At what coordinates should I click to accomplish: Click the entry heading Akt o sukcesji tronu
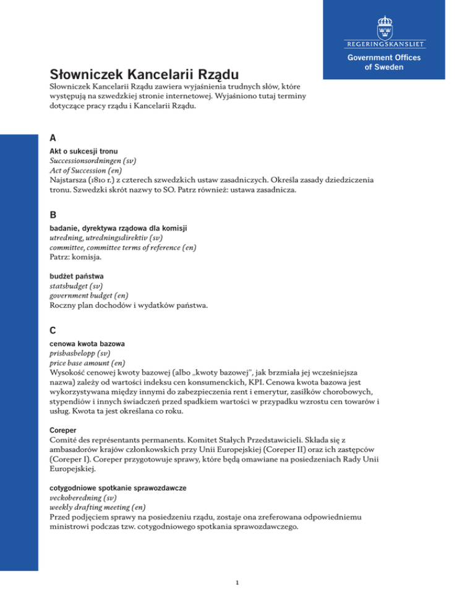click(84, 153)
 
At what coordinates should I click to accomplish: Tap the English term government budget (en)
click(88, 296)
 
